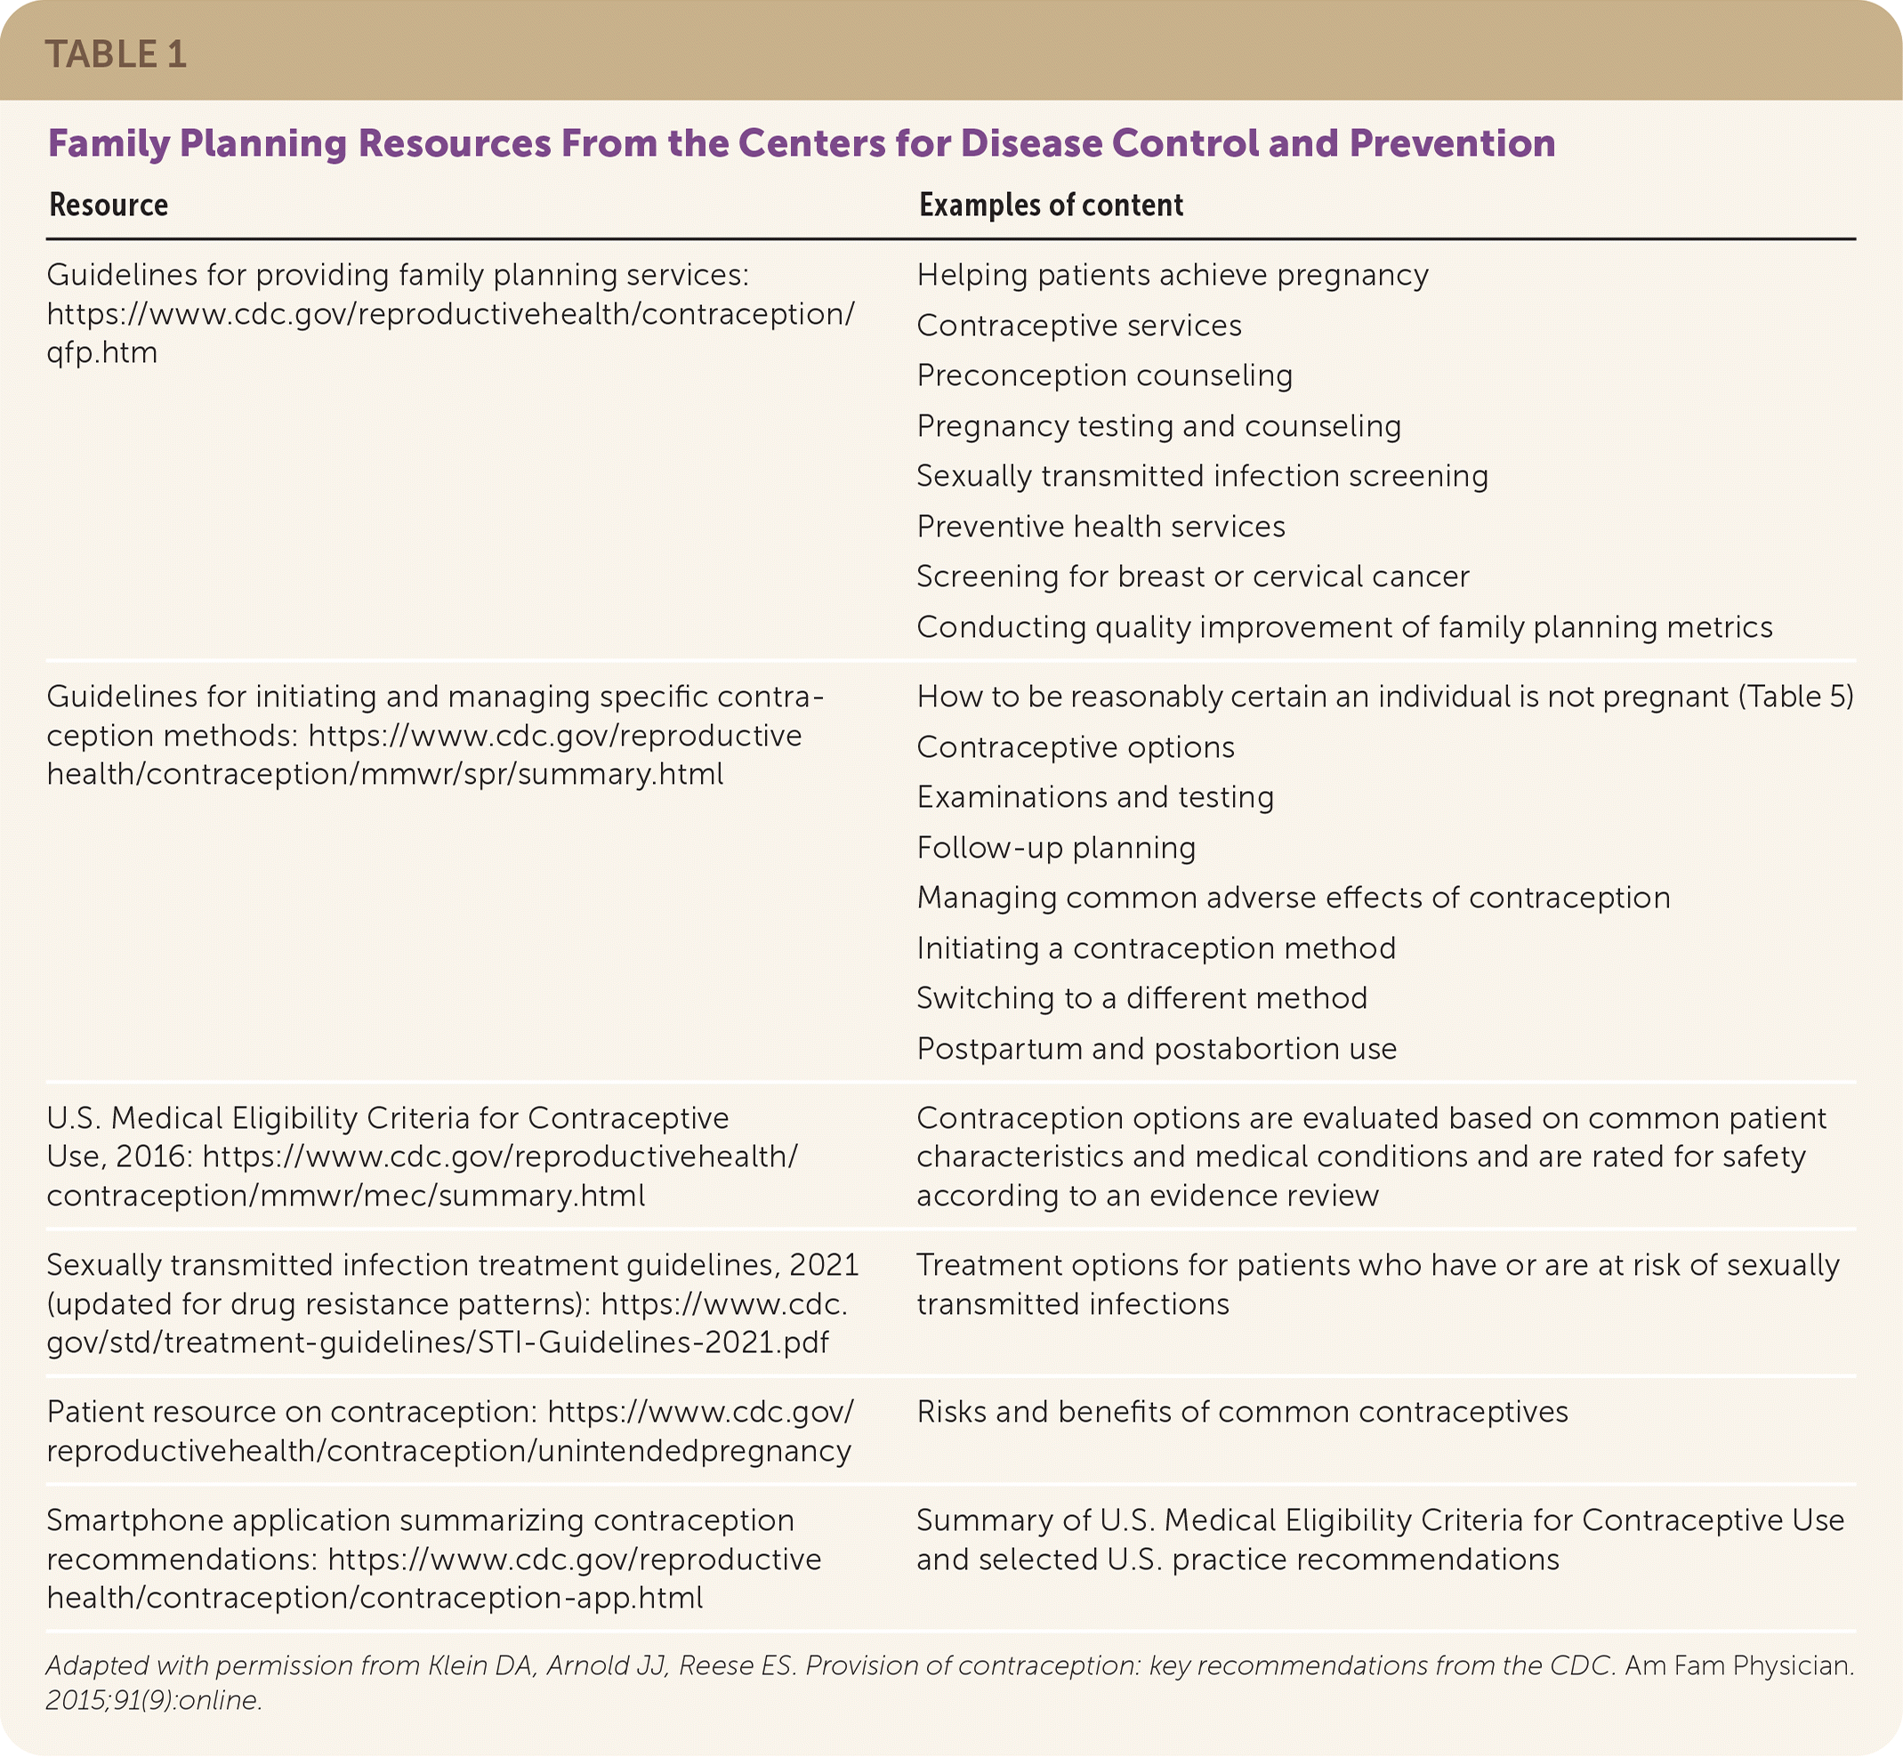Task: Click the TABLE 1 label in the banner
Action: tap(115, 55)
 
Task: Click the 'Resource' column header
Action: tap(109, 206)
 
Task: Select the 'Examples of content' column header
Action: tap(1050, 206)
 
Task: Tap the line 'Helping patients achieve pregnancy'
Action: tap(1172, 276)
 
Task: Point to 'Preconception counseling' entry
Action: tap(1104, 375)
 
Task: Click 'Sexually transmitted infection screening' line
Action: tap(1202, 476)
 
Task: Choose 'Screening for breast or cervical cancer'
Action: tap(1192, 577)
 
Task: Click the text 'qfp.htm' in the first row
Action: tap(101, 352)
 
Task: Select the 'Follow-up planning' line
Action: tap(1056, 848)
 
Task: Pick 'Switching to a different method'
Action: tap(1141, 998)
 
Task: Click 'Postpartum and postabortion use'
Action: tap(1157, 1049)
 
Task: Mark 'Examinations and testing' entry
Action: tap(1094, 798)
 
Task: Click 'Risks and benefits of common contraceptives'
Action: tap(1242, 1412)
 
